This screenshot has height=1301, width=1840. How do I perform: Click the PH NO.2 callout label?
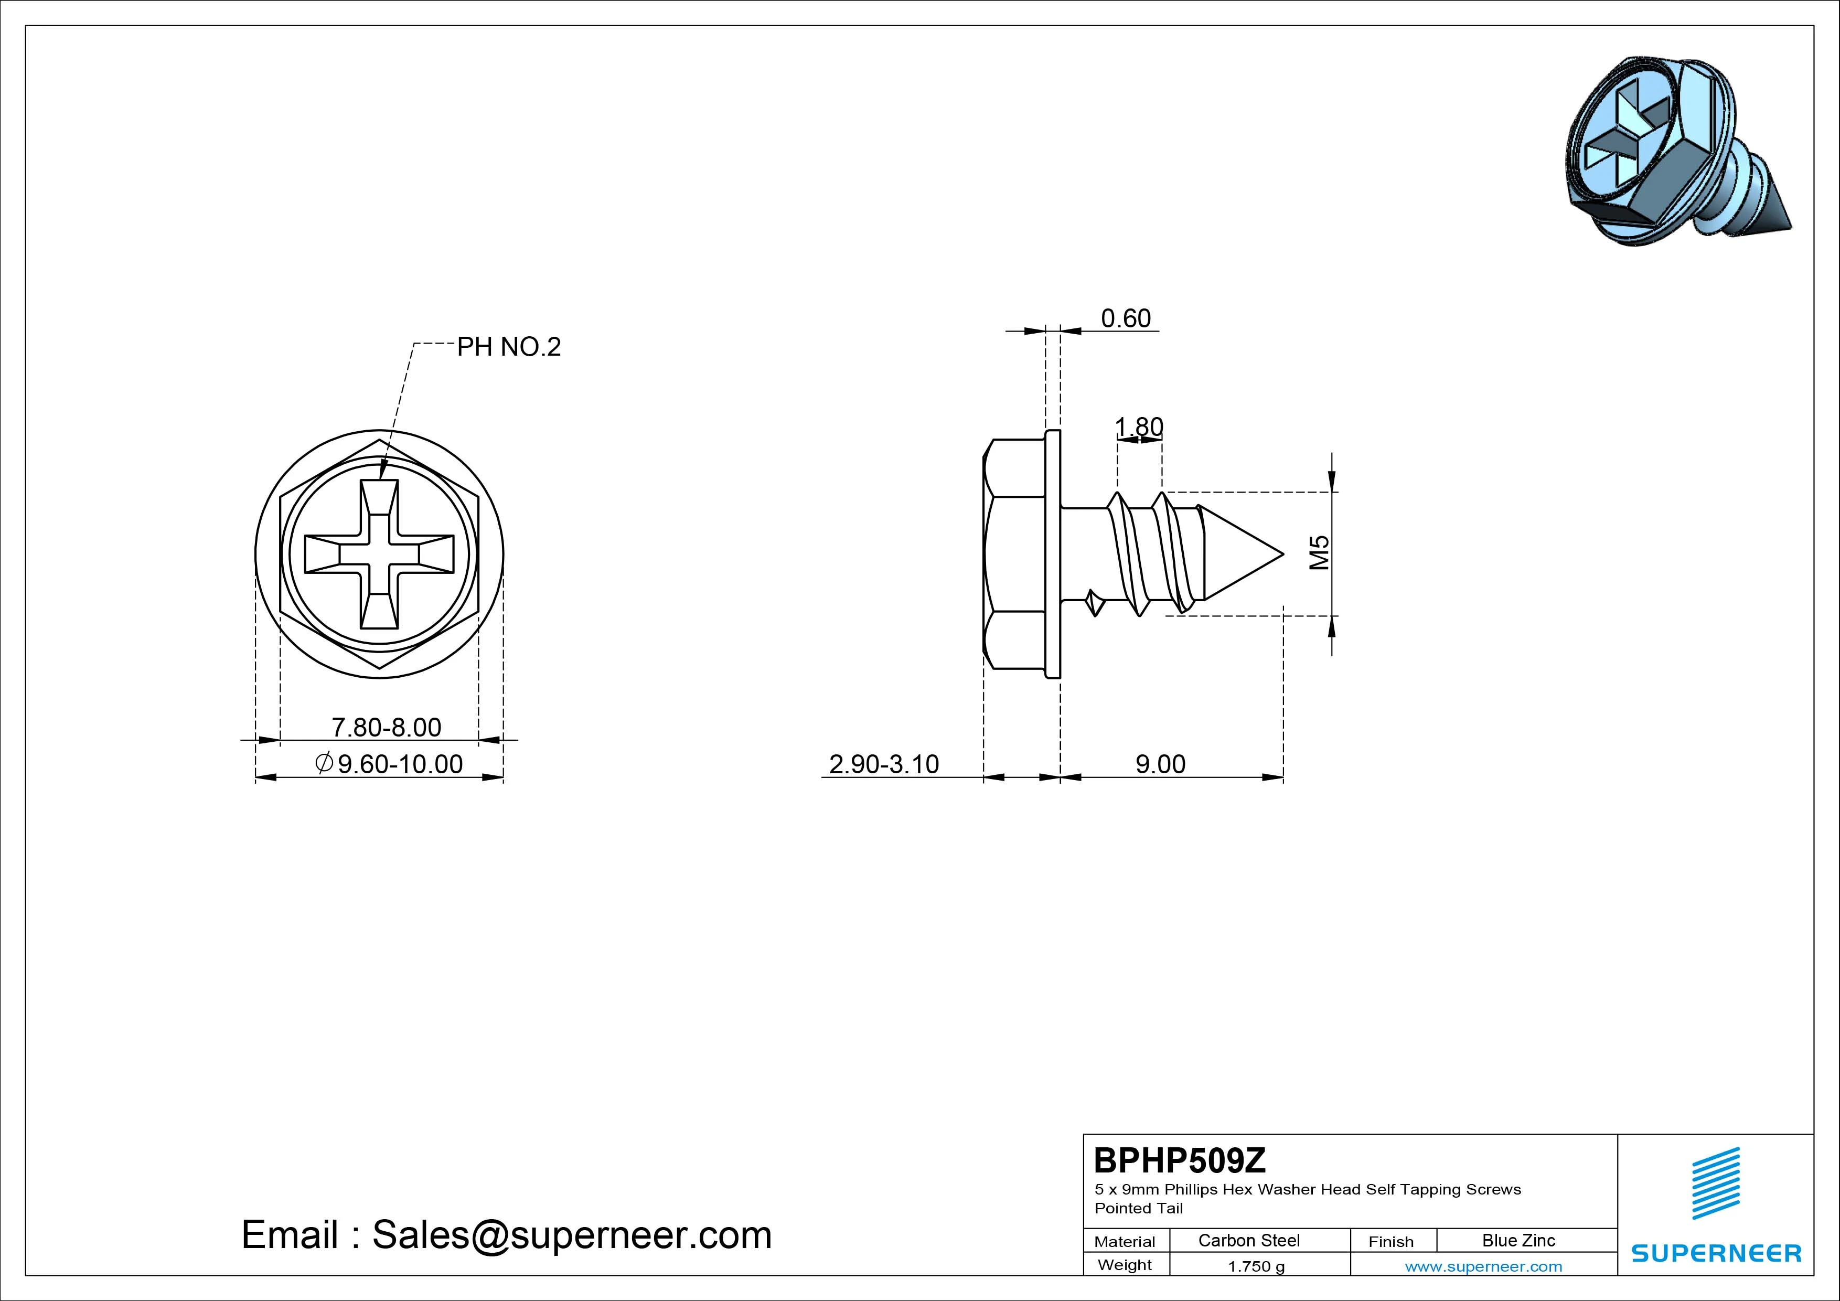coord(509,347)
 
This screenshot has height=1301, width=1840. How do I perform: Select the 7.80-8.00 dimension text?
coord(386,727)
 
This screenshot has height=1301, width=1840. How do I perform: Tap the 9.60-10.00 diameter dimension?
coord(390,764)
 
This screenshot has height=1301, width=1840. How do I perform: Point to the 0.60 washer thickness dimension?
coord(1126,318)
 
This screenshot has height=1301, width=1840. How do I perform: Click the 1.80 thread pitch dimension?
coord(1139,427)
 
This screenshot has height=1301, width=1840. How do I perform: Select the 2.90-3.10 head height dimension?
coord(883,764)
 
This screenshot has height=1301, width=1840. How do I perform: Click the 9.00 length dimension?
coord(1160,764)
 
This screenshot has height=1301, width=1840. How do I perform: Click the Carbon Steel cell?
coord(1248,1240)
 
